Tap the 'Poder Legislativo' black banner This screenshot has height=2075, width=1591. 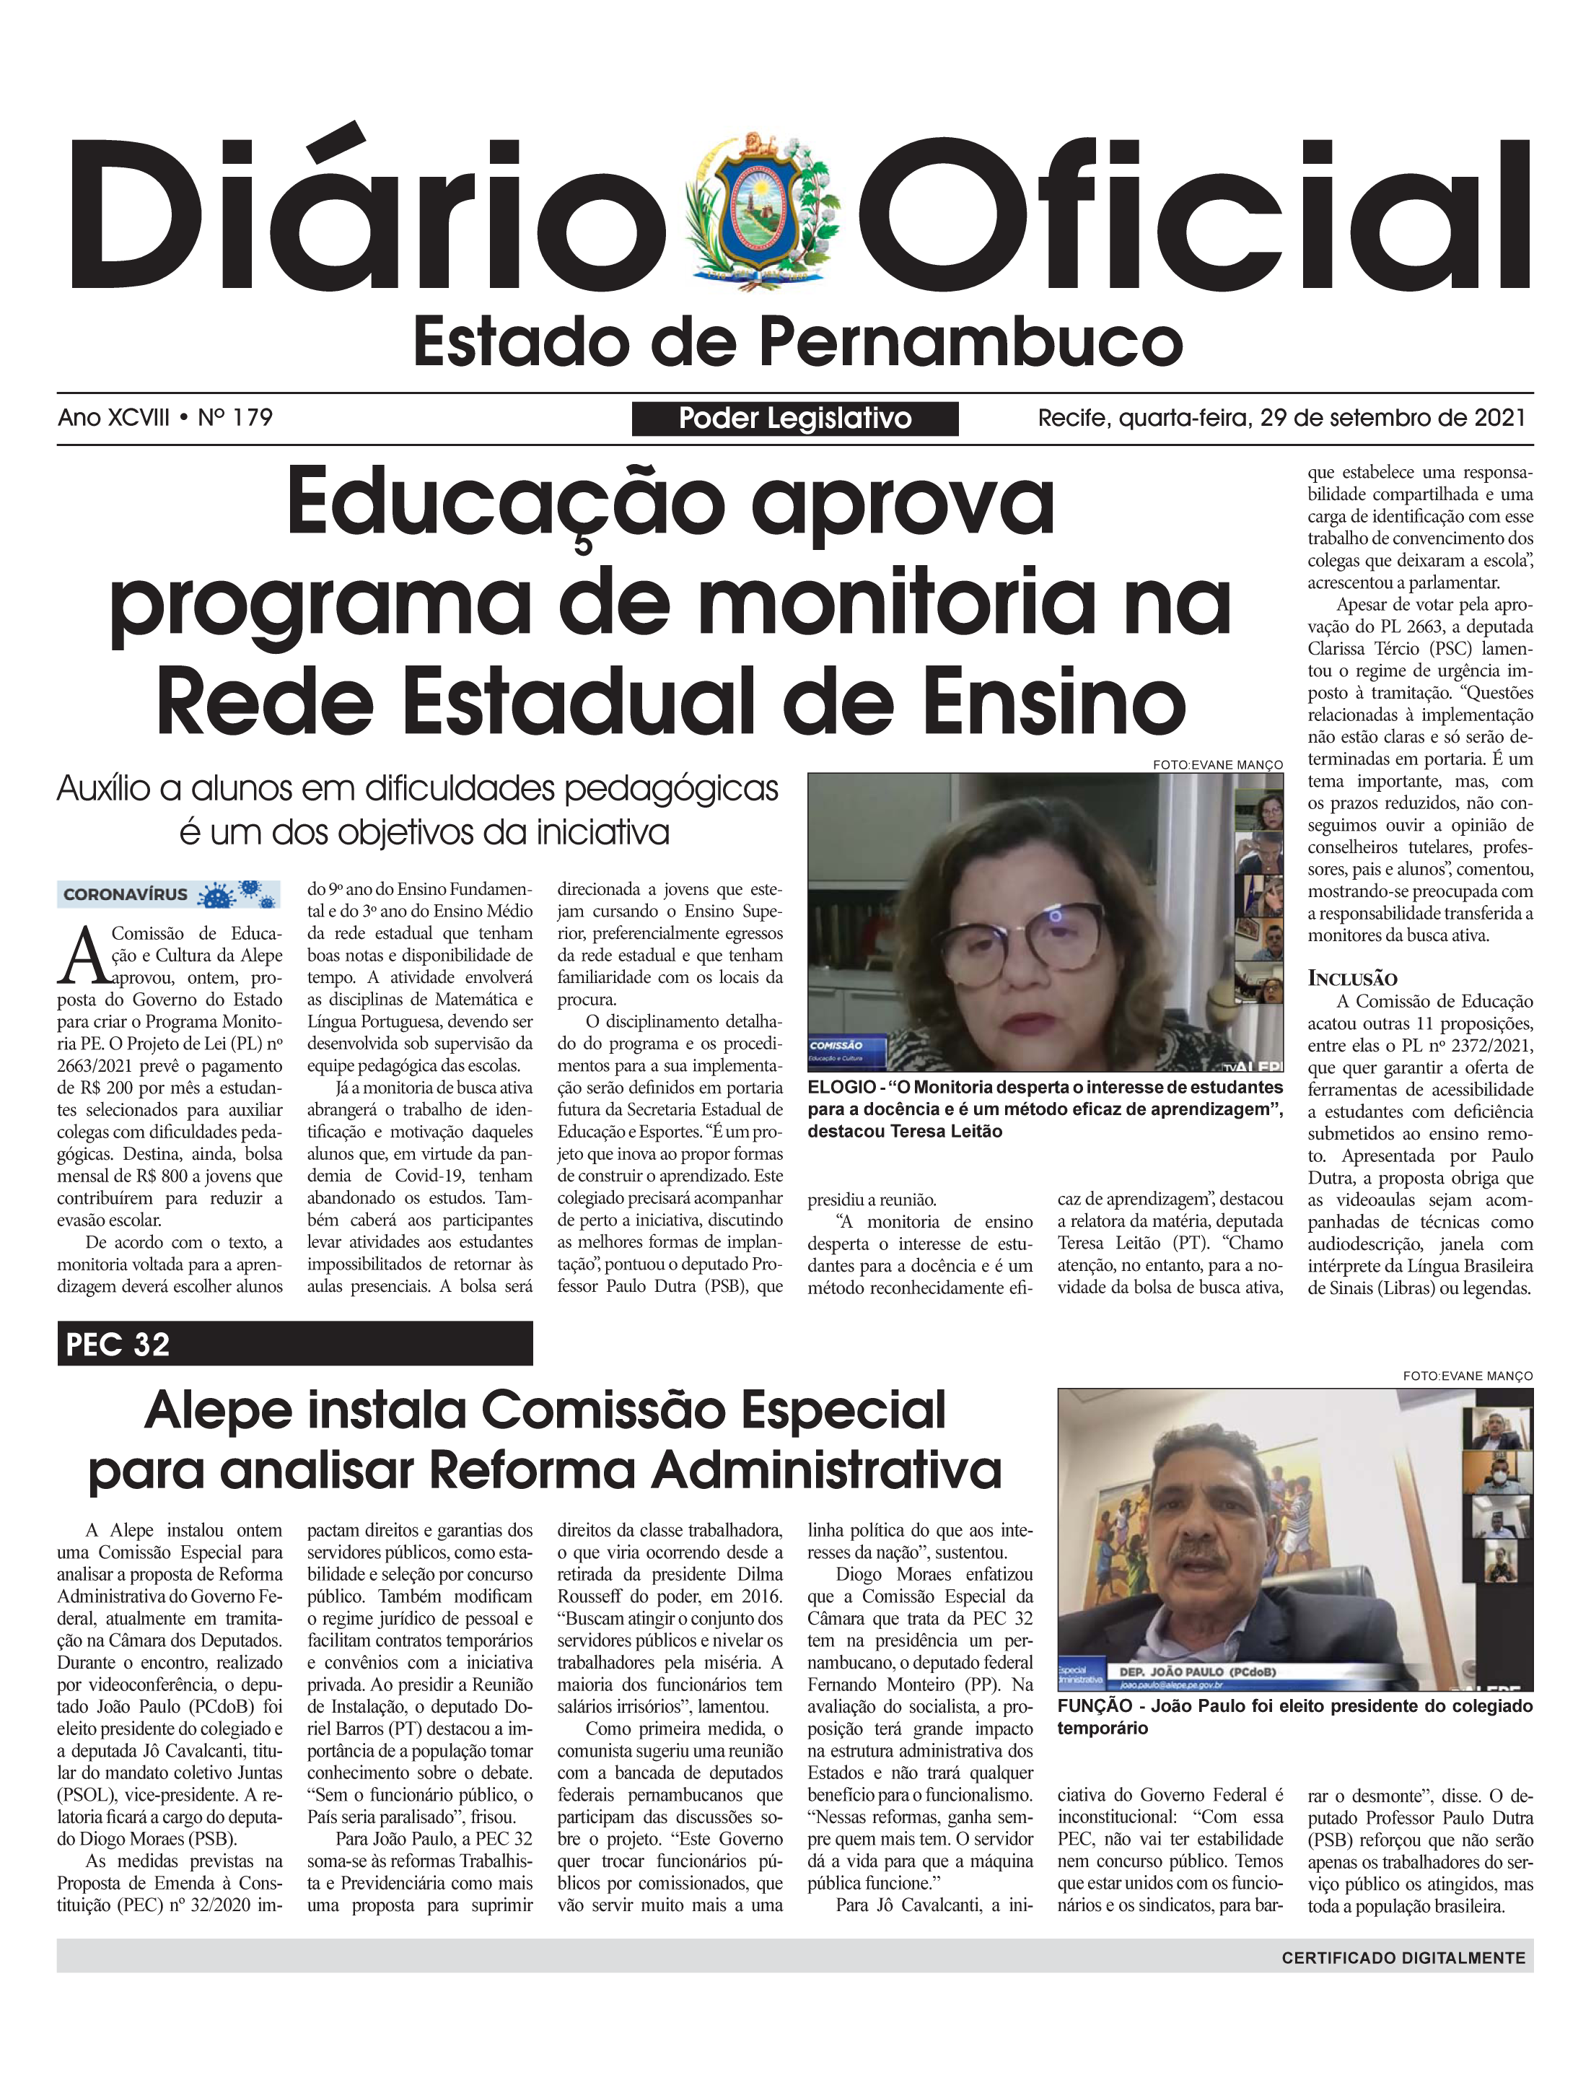tap(794, 419)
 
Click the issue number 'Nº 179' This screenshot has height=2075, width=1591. tap(235, 418)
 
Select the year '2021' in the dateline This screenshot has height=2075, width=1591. tap(1499, 418)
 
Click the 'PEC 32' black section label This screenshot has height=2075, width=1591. tap(118, 1344)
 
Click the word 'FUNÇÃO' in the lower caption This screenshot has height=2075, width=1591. tap(1095, 1705)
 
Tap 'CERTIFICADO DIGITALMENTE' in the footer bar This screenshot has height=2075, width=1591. tap(1403, 1957)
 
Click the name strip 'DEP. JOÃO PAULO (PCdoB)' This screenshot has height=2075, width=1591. tap(1198, 1672)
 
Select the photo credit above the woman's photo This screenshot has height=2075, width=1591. tap(1217, 764)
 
